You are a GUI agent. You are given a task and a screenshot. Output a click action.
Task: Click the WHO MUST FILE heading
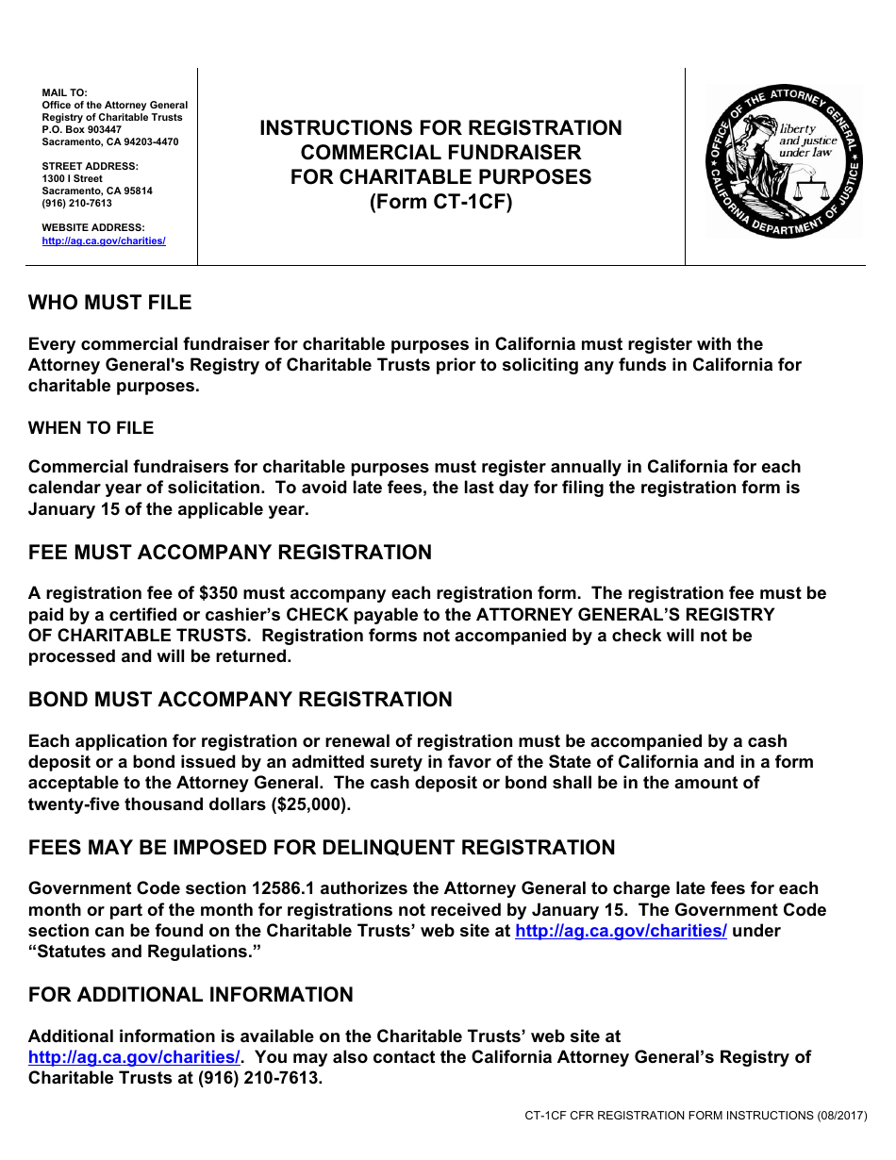pos(109,303)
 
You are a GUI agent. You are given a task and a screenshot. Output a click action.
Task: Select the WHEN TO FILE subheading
pos(91,428)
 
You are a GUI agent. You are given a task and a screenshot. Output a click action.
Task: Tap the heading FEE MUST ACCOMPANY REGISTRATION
pos(230,553)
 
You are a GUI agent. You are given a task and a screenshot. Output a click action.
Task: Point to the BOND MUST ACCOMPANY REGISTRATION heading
pos(240,700)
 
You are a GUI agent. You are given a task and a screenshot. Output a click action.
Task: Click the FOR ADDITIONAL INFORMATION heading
pos(191,995)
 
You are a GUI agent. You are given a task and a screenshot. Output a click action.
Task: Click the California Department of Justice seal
pos(784,160)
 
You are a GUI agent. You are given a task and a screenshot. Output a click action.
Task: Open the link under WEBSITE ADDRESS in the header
pos(104,241)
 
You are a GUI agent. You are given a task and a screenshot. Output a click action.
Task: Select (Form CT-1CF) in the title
pos(440,201)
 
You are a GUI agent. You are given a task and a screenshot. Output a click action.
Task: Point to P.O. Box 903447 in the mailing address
pos(81,129)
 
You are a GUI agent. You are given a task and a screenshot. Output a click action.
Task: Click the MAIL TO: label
pos(64,92)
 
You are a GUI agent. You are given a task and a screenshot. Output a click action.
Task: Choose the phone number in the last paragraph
pos(259,1078)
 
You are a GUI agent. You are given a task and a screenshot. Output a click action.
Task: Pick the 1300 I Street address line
pos(73,178)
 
